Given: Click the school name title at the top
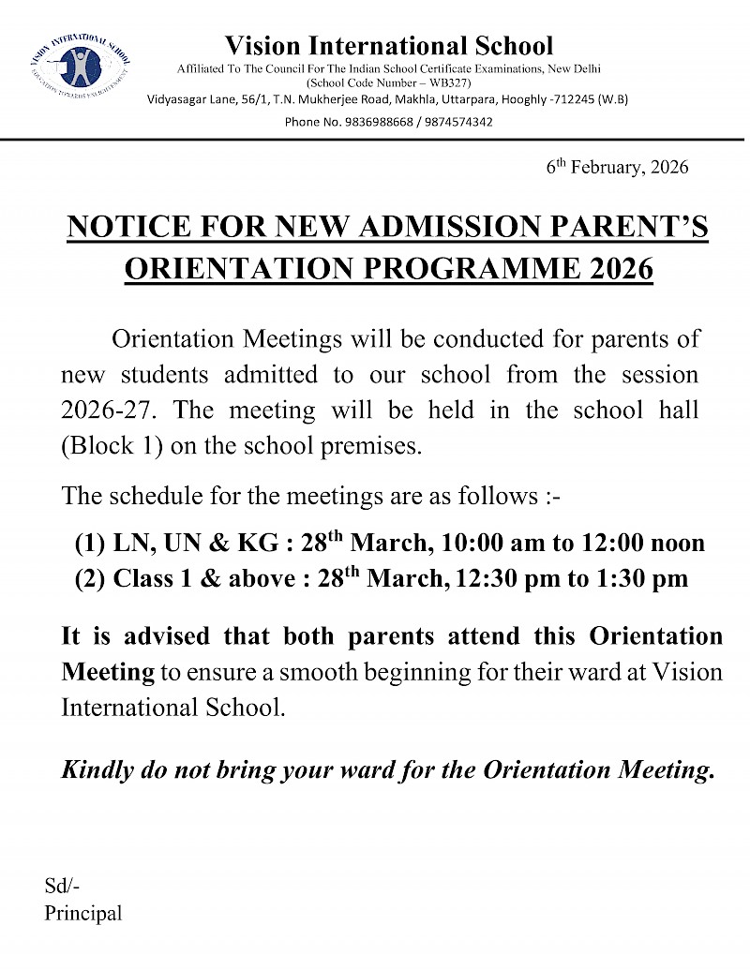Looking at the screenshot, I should [x=389, y=45].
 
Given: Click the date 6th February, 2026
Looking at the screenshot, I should [x=617, y=168].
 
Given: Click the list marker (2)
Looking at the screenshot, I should [x=90, y=579].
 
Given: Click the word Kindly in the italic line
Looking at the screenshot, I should [x=99, y=770].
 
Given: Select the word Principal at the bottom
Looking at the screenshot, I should [x=82, y=913].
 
